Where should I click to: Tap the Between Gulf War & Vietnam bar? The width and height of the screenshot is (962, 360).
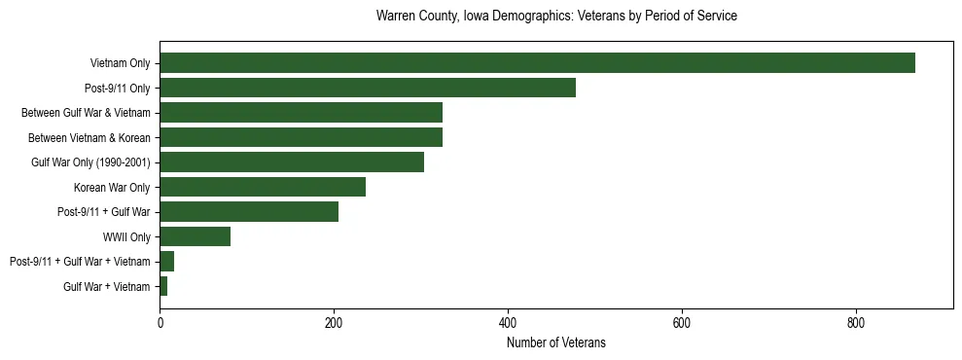coord(301,113)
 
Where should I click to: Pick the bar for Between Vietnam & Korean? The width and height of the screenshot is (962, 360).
coord(301,137)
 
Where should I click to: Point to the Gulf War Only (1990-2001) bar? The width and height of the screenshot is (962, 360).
coord(292,162)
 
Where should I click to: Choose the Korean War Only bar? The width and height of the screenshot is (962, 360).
coord(263,187)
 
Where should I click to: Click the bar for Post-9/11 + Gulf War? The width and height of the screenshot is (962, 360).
coord(249,212)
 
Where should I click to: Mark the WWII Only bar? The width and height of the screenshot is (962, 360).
coord(195,236)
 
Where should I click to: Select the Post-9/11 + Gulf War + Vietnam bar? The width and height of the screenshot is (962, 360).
coord(166,262)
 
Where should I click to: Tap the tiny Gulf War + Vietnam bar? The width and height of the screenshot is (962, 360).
coord(163,286)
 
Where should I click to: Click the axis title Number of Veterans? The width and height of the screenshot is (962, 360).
coord(556,342)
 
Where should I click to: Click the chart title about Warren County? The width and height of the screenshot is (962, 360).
coord(556,17)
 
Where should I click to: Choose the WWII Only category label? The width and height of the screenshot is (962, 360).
coord(126,236)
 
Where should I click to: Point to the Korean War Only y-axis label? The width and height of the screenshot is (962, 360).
coord(112,187)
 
